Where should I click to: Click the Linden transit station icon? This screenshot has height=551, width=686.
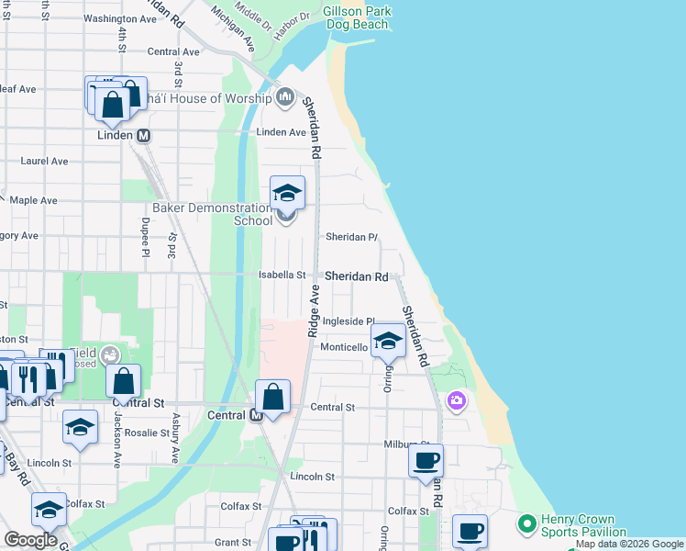coord(143,135)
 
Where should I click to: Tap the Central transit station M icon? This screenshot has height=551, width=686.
coord(258,415)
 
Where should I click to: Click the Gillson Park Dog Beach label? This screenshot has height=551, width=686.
coord(357,17)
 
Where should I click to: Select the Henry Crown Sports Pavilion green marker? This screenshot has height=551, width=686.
coord(526,524)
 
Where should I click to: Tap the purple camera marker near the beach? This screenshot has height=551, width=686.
coord(456,401)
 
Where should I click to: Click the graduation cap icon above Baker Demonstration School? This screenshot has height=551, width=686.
coord(287,193)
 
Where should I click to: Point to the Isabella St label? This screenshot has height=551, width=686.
coord(282,275)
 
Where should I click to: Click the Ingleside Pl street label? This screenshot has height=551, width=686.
coord(345,321)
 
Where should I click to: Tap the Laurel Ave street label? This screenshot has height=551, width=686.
coord(45,161)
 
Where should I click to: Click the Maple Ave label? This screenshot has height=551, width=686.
coord(34,200)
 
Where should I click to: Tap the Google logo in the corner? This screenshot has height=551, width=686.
coord(31,539)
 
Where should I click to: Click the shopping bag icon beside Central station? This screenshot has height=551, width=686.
coord(273,397)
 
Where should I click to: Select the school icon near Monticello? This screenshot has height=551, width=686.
coord(388,343)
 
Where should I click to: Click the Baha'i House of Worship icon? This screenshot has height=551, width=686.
coord(284,96)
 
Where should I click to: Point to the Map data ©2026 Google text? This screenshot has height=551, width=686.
coord(629,545)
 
